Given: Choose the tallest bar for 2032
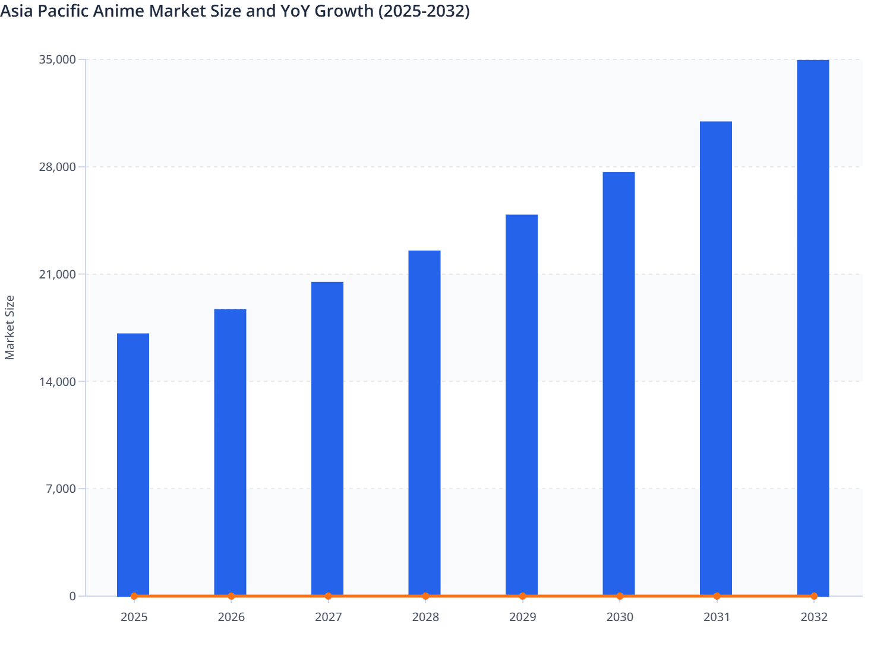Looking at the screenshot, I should pyautogui.click(x=813, y=327).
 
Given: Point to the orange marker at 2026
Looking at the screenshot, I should pyautogui.click(x=231, y=596).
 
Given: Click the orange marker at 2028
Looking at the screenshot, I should pyautogui.click(x=425, y=596).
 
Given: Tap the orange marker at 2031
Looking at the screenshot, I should pyautogui.click(x=717, y=596).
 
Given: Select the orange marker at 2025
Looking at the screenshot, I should pyautogui.click(x=134, y=596).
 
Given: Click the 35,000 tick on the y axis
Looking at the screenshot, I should pyautogui.click(x=57, y=59).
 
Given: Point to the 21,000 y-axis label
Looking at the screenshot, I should pyautogui.click(x=57, y=274).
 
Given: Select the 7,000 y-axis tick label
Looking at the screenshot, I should pyautogui.click(x=61, y=489).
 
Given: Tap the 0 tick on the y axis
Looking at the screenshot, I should pyautogui.click(x=72, y=596).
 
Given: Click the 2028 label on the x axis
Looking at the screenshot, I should pyautogui.click(x=425, y=617).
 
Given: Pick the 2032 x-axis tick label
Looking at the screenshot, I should pyautogui.click(x=814, y=617).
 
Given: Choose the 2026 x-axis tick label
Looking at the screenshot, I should pyautogui.click(x=231, y=617).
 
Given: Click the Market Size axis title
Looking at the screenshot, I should pyautogui.click(x=10, y=327).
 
